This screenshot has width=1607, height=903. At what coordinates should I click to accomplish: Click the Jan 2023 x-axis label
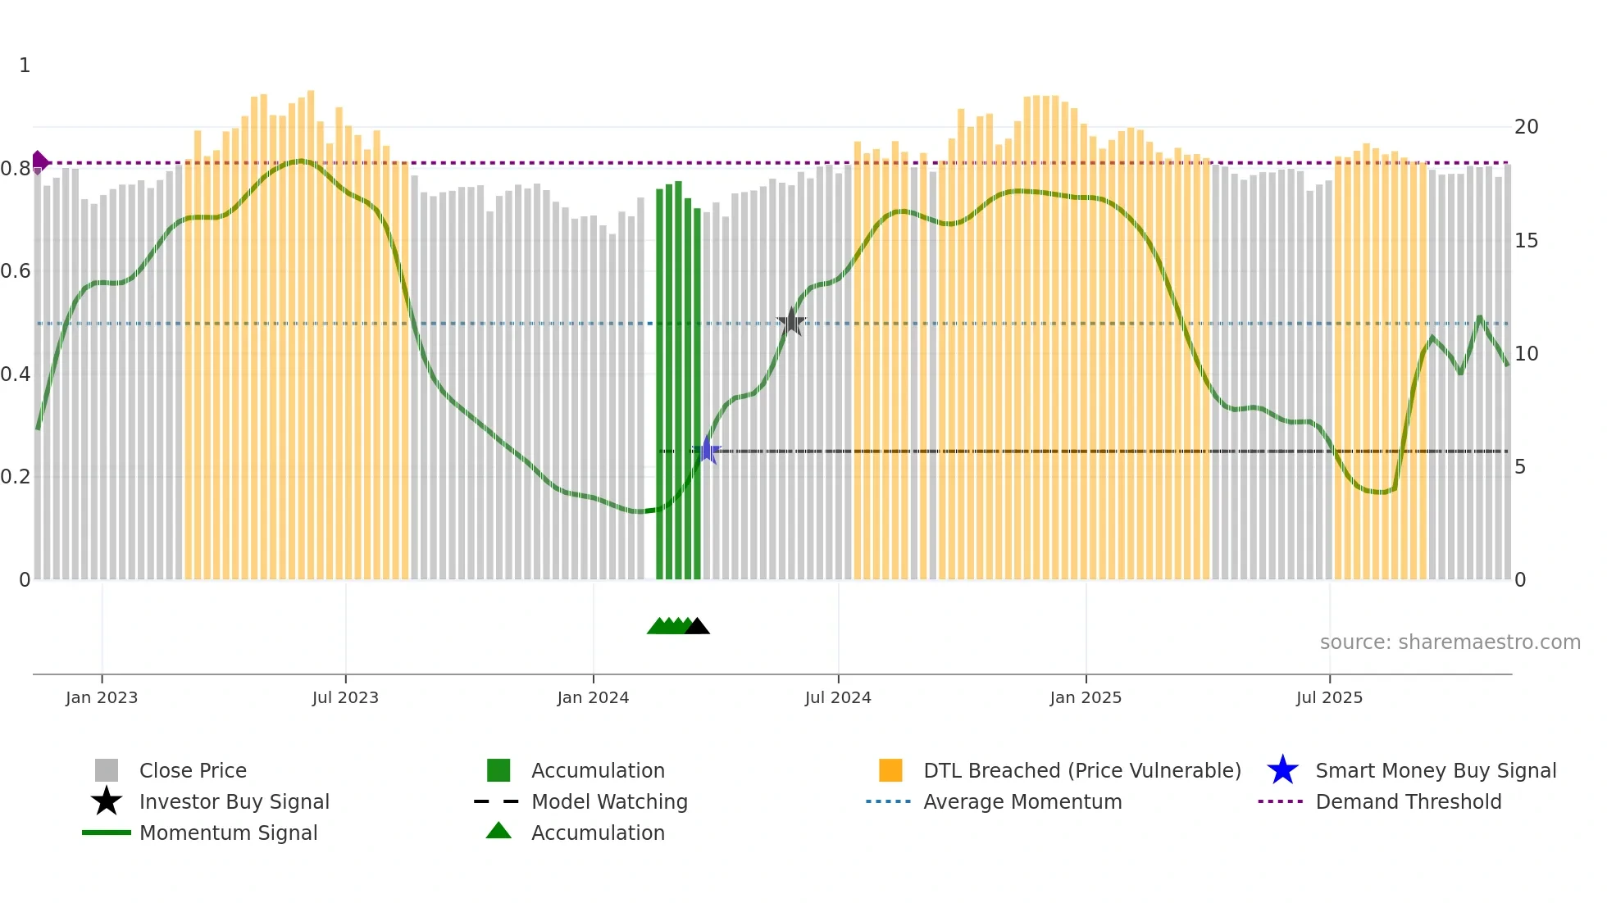102,697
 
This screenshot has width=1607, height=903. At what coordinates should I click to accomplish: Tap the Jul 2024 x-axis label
838,697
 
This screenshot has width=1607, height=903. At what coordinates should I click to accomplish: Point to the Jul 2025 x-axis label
1329,697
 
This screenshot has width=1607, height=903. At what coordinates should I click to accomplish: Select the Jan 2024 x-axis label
593,697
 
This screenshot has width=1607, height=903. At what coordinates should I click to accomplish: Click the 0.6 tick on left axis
15,271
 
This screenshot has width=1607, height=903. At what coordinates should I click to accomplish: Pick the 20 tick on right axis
1526,127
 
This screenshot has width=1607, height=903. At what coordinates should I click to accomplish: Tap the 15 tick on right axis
1526,241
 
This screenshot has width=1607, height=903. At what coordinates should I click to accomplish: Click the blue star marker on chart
707,451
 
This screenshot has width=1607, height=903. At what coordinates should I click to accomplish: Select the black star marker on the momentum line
791,322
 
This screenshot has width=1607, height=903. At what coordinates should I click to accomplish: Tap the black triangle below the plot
697,627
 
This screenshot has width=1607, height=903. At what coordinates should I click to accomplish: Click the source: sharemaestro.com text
1450,642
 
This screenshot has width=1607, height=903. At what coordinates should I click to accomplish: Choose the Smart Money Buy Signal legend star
1282,770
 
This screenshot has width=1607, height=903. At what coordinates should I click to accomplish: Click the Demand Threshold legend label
1408,801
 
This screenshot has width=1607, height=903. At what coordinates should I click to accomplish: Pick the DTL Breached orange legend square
890,770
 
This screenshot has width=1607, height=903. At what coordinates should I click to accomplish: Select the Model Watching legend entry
609,801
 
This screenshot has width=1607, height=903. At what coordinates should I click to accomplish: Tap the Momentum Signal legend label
228,833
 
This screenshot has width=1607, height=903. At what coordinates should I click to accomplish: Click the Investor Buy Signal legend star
107,801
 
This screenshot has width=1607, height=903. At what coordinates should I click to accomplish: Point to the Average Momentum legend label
1022,801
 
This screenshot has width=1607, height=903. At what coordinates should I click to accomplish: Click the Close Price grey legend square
107,770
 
